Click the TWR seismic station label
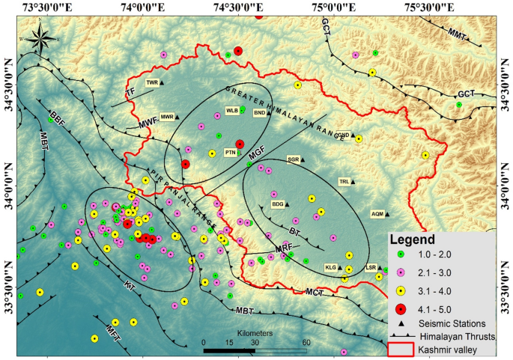click(x=152, y=82)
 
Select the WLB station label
click(x=232, y=110)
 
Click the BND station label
click(x=260, y=112)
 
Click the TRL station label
click(x=344, y=181)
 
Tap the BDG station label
click(x=278, y=204)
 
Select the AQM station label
click(x=377, y=214)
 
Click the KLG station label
click(x=330, y=267)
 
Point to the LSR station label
click(x=370, y=267)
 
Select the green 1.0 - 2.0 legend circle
click(x=401, y=257)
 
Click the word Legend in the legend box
click(x=412, y=241)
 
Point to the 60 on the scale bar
click(x=306, y=342)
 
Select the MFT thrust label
click(x=113, y=329)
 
